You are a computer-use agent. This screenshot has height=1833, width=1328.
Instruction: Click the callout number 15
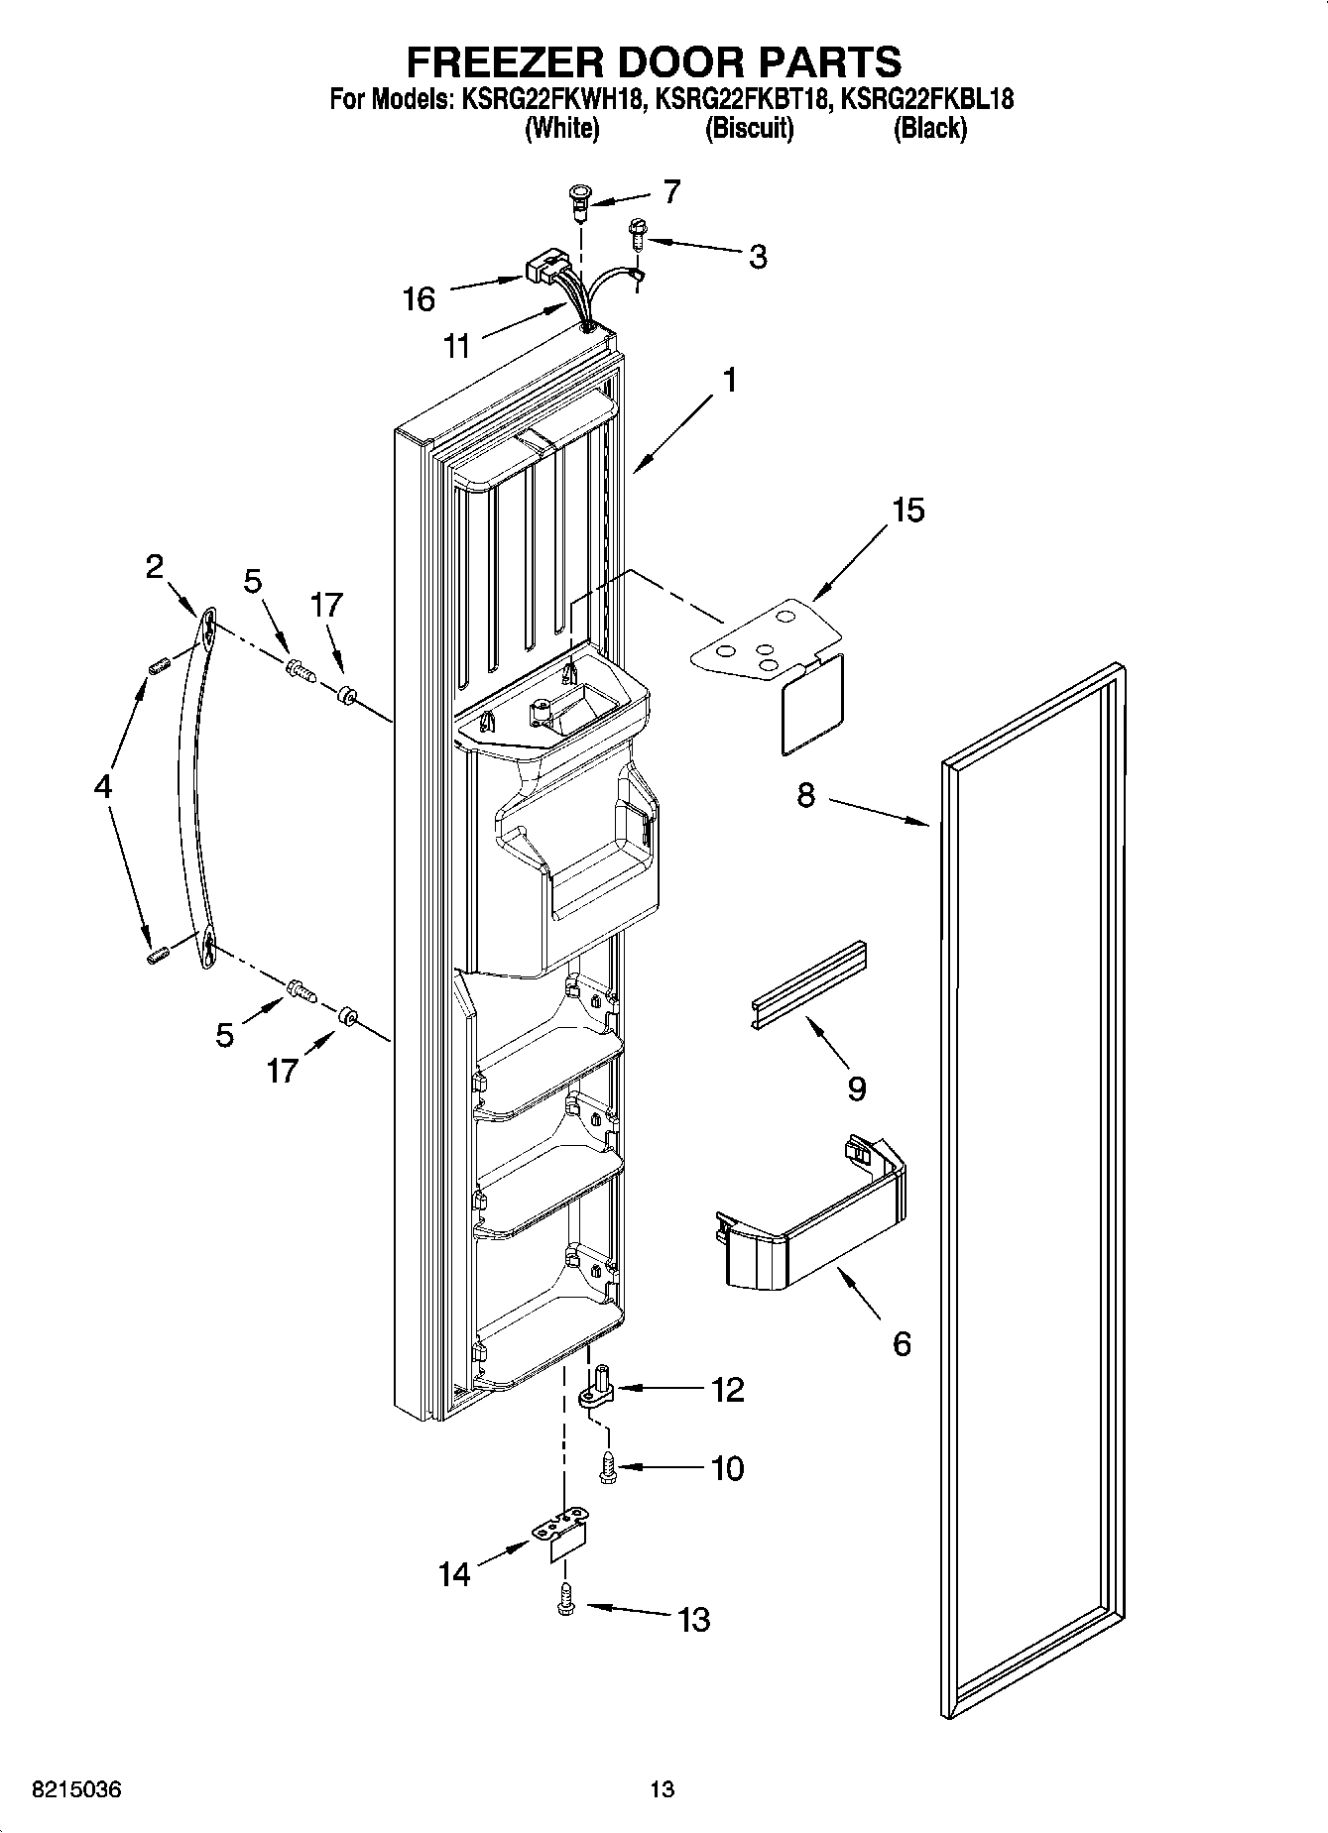907,511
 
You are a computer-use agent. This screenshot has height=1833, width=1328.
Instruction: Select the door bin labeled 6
812,1225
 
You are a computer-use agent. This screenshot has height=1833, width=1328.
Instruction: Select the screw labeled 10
607,1467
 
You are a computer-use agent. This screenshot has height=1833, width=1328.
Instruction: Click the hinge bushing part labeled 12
597,1389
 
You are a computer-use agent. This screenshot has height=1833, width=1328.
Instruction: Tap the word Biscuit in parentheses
749,128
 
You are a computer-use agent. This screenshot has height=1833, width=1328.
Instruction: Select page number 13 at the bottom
662,1789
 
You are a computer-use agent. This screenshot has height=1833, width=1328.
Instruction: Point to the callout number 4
102,788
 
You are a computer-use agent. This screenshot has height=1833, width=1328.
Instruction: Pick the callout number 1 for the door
729,380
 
